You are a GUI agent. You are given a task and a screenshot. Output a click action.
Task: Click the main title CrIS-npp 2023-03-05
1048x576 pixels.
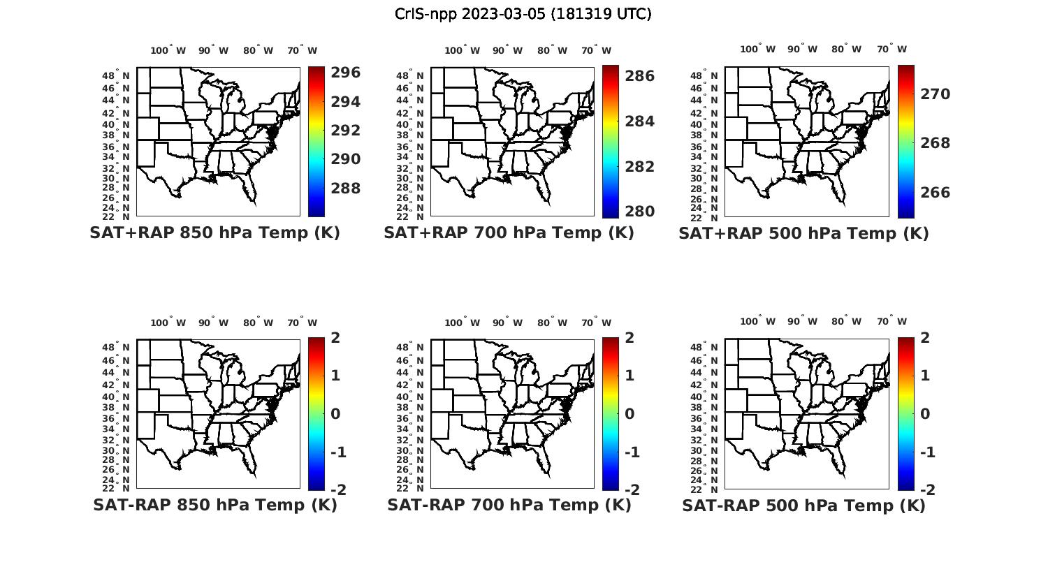point(523,14)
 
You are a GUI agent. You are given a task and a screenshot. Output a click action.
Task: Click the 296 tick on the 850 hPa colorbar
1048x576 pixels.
point(345,73)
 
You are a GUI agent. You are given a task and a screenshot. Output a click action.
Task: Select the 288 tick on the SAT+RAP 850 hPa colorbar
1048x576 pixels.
point(345,189)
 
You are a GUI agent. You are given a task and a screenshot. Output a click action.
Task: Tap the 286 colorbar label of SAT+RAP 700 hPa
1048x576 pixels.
point(639,76)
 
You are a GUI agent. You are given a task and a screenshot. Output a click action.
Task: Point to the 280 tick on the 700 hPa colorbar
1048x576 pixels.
point(639,212)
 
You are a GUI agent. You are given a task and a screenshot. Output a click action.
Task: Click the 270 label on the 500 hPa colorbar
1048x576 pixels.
point(935,94)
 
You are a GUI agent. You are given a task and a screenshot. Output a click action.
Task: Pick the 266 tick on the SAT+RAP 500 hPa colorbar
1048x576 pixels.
point(935,193)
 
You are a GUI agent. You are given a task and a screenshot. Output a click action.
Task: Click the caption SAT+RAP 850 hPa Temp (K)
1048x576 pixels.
point(214,233)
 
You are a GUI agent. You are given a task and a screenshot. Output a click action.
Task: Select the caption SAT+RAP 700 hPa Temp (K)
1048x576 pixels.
point(509,233)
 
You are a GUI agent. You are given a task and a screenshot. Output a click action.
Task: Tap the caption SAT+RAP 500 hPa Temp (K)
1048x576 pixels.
point(803,233)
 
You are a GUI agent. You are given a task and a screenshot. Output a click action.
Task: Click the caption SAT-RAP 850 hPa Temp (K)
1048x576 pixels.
point(214,505)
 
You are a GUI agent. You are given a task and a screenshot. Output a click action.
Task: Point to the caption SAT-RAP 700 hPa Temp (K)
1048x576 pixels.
point(509,505)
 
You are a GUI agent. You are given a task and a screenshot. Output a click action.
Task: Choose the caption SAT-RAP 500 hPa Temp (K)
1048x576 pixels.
point(803,505)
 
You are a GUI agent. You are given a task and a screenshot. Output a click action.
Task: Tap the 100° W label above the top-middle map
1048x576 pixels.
point(463,50)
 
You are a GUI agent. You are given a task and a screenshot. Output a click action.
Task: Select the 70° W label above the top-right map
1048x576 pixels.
point(892,49)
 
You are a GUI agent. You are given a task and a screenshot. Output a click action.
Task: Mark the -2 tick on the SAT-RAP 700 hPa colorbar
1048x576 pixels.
point(632,490)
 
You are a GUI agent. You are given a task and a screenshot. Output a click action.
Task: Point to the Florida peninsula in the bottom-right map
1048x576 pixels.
point(841,464)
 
